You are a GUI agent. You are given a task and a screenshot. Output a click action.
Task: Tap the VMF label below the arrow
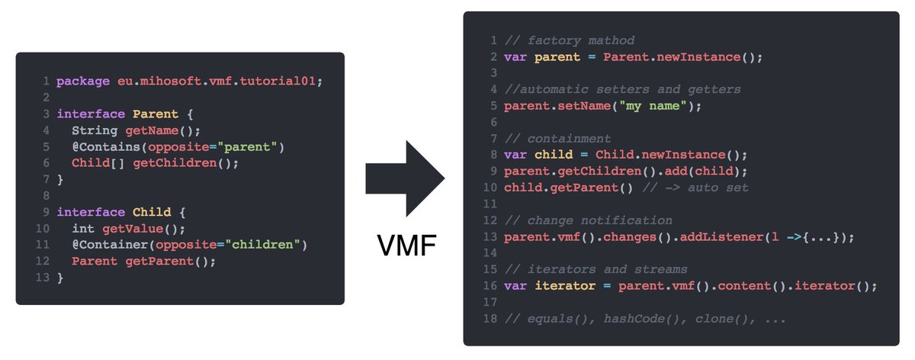point(406,246)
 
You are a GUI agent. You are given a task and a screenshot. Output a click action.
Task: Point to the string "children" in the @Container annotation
point(272,245)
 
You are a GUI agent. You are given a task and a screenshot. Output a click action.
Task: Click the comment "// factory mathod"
point(569,40)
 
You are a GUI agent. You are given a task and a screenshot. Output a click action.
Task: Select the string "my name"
point(656,106)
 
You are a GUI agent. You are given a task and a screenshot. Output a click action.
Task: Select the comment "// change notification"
point(588,220)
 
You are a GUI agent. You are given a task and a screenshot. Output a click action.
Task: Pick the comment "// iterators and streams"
point(596,270)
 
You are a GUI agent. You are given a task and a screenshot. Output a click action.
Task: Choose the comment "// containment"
point(557,139)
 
